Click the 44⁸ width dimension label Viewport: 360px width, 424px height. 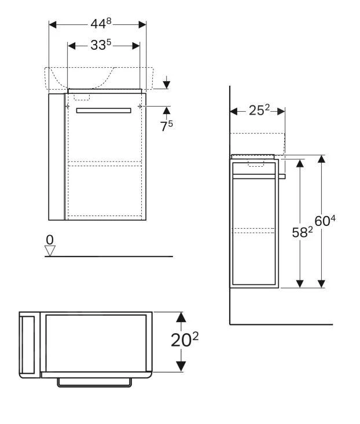98,24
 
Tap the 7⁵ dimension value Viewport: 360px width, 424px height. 167,126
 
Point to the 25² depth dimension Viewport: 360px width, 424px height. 259,111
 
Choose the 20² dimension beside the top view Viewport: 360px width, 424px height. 185,341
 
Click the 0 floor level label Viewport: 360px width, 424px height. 50,239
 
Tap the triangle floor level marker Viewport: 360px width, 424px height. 50,250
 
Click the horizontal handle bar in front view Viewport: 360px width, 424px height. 104,110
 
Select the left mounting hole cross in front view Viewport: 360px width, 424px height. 68,107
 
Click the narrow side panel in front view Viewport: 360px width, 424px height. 57,156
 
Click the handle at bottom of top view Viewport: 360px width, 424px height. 95,383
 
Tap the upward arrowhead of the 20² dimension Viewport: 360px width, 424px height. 181,317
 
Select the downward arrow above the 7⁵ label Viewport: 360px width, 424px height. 167,84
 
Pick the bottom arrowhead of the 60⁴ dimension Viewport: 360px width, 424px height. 321,282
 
